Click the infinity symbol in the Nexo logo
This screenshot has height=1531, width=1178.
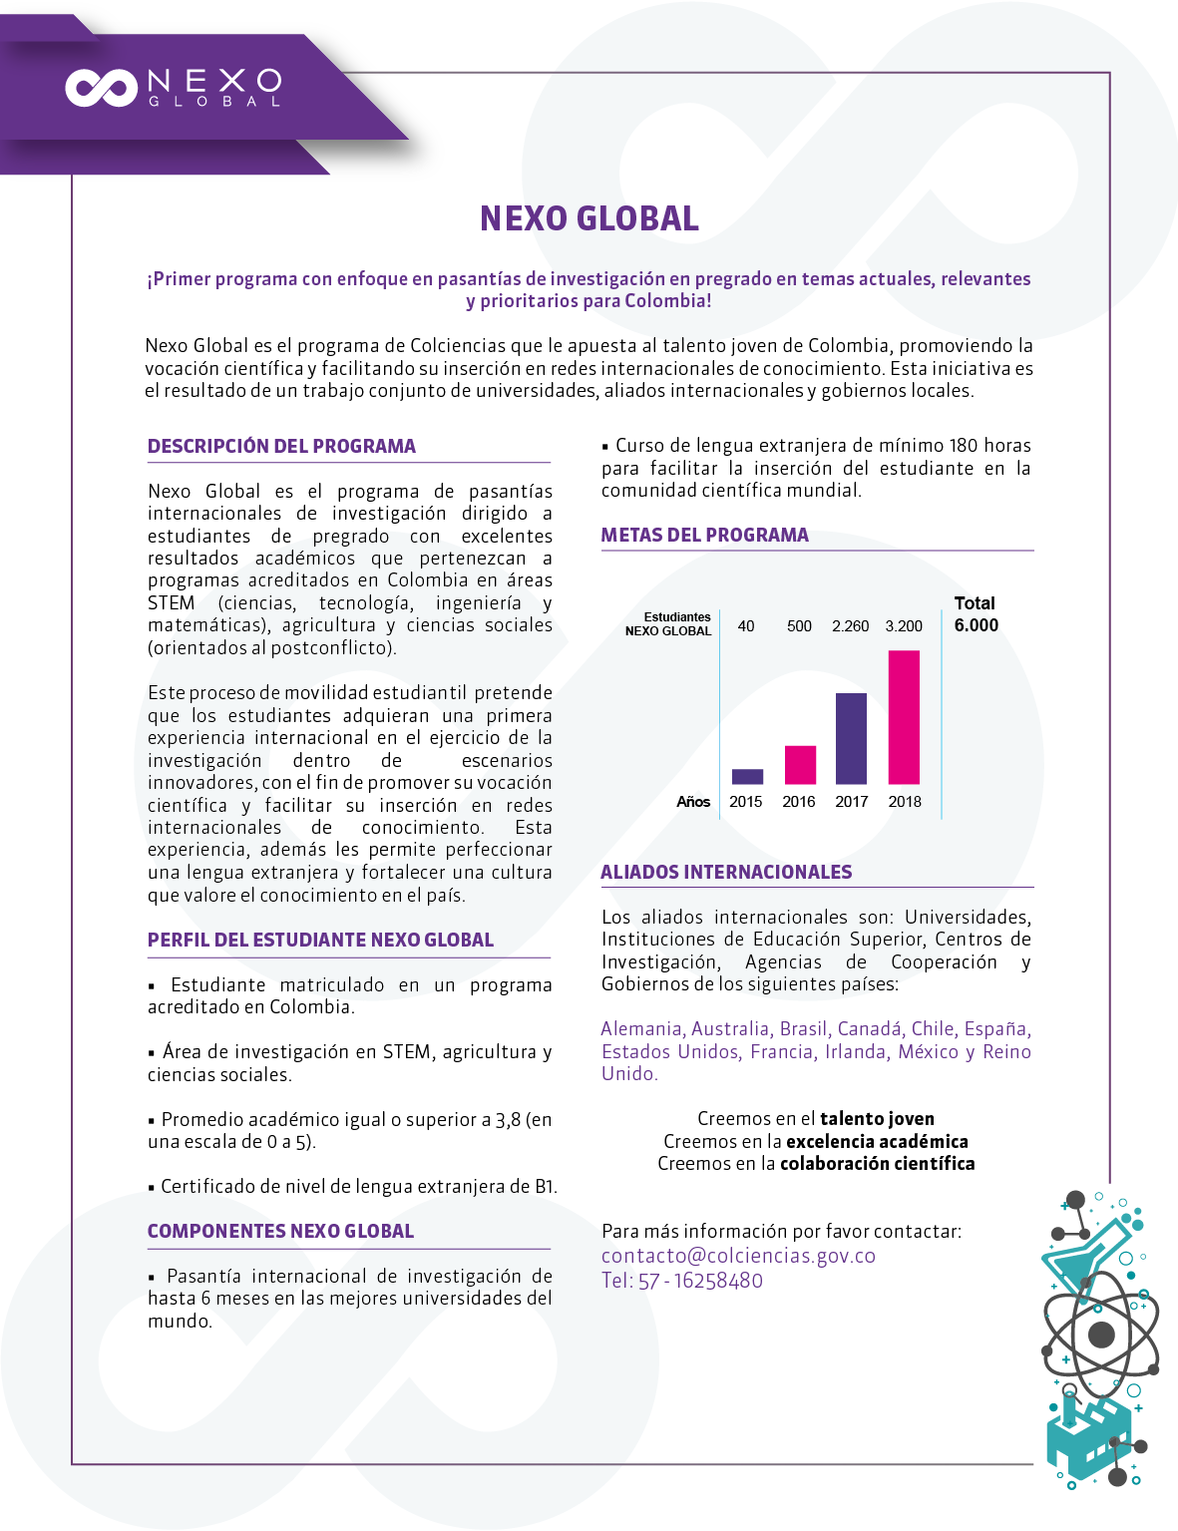click(x=101, y=88)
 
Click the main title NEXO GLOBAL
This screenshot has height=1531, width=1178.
click(x=589, y=218)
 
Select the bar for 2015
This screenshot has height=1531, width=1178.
click(x=747, y=776)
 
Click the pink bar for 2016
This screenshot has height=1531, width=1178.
click(x=800, y=764)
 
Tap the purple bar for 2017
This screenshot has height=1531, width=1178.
click(x=851, y=738)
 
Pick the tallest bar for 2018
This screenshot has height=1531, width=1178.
click(x=904, y=716)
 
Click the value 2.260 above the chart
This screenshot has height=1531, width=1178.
click(x=850, y=626)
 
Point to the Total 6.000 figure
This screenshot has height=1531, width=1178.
click(x=976, y=614)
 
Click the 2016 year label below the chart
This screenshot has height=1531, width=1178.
click(x=799, y=802)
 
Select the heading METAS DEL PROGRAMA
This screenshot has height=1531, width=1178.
click(x=704, y=535)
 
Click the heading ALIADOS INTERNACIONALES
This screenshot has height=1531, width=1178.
click(x=726, y=872)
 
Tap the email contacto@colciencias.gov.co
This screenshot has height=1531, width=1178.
click(x=738, y=1256)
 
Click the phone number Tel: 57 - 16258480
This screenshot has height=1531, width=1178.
click(x=682, y=1281)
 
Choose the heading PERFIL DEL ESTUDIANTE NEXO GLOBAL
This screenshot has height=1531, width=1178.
click(x=320, y=940)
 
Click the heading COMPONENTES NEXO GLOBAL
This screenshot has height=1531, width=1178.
click(x=280, y=1231)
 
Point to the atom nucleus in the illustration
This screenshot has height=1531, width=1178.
click(x=1101, y=1334)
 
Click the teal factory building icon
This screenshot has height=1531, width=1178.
click(x=1082, y=1436)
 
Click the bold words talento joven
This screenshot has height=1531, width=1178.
click(x=877, y=1119)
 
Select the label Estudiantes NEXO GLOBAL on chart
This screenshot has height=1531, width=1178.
click(x=668, y=624)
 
